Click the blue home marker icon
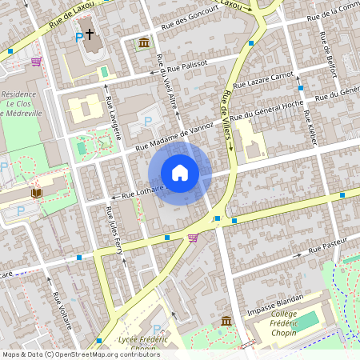click(180, 173)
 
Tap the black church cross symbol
click(90, 34)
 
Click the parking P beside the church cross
click(78, 38)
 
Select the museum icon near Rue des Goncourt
click(143, 42)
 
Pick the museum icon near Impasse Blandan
click(226, 321)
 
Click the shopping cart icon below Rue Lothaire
click(193, 237)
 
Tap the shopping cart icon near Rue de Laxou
click(35, 61)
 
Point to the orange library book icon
click(37, 193)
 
